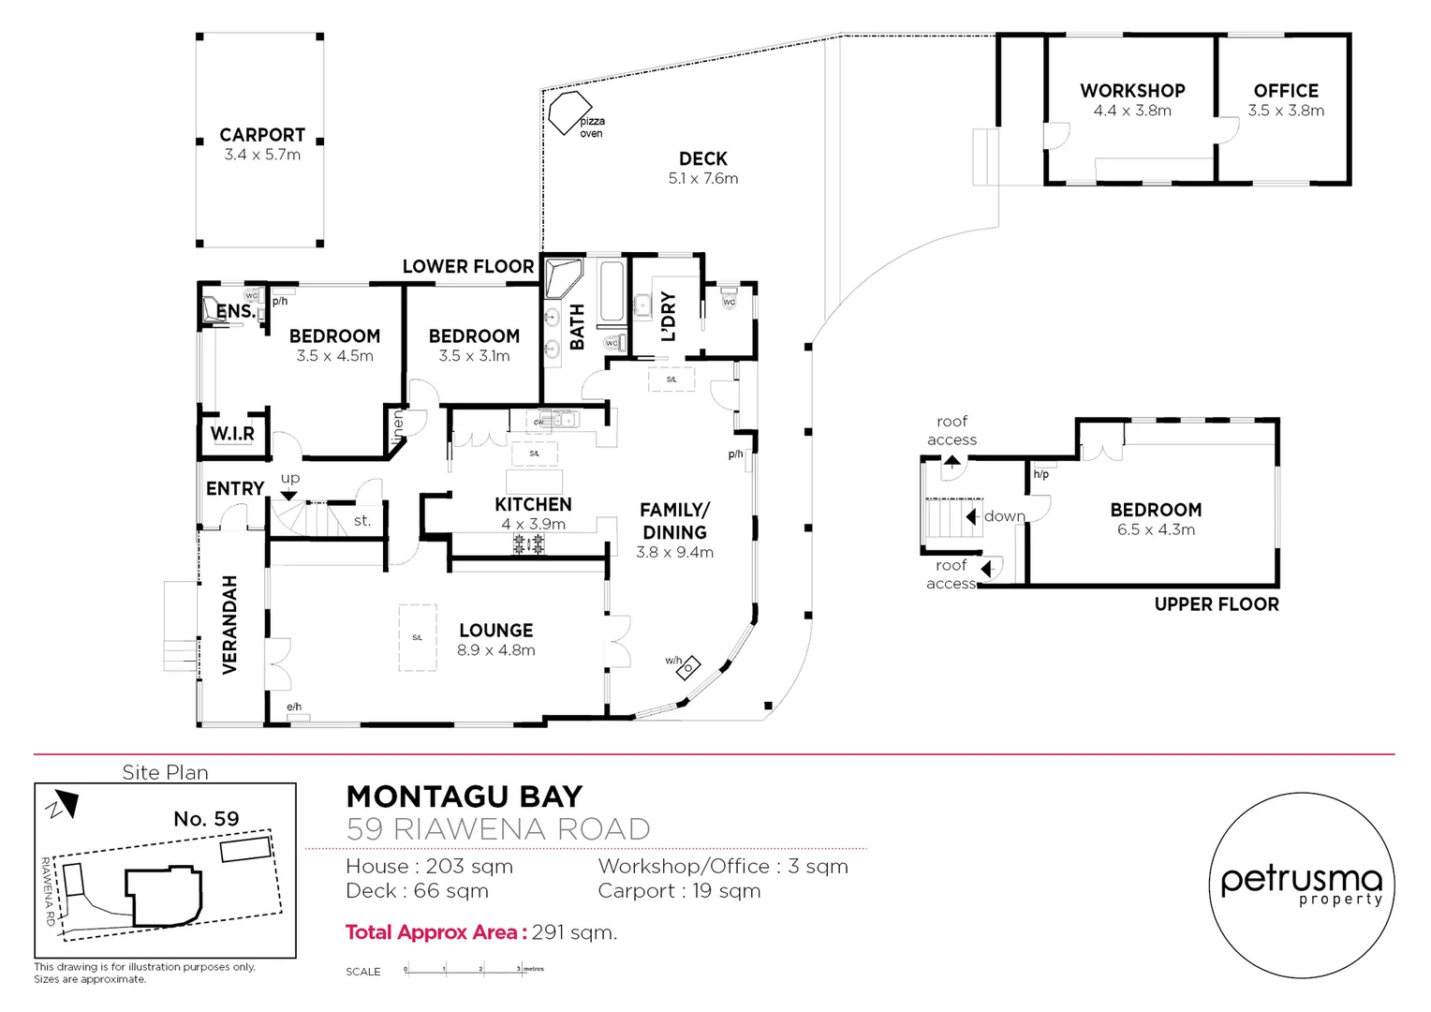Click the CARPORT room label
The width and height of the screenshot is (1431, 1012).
tap(262, 135)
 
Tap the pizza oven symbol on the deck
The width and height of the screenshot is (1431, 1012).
tap(567, 112)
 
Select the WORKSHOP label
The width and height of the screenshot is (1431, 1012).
tap(1132, 91)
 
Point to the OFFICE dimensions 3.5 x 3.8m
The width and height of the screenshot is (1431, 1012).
tap(1286, 111)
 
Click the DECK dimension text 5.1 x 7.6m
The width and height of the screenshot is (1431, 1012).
tap(702, 179)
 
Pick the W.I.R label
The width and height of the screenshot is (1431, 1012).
tap(232, 434)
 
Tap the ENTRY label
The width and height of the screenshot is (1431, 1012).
tap(234, 488)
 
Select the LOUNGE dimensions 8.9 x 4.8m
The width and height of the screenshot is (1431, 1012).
tap(495, 650)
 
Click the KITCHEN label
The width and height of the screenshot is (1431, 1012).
tap(533, 504)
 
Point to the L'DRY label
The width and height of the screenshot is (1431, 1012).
tap(668, 317)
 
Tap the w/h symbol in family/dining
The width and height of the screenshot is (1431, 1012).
tap(688, 667)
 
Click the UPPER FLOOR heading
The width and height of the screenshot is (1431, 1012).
tap(1216, 604)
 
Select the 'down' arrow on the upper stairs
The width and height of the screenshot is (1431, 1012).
tap(974, 516)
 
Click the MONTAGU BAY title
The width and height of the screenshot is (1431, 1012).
tap(465, 796)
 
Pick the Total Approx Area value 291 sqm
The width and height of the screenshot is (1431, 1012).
tap(574, 932)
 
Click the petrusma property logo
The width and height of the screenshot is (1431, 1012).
tap(1301, 885)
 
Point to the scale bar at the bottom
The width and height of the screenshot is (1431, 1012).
tap(473, 970)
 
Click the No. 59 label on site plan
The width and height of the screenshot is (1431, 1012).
tap(206, 819)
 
